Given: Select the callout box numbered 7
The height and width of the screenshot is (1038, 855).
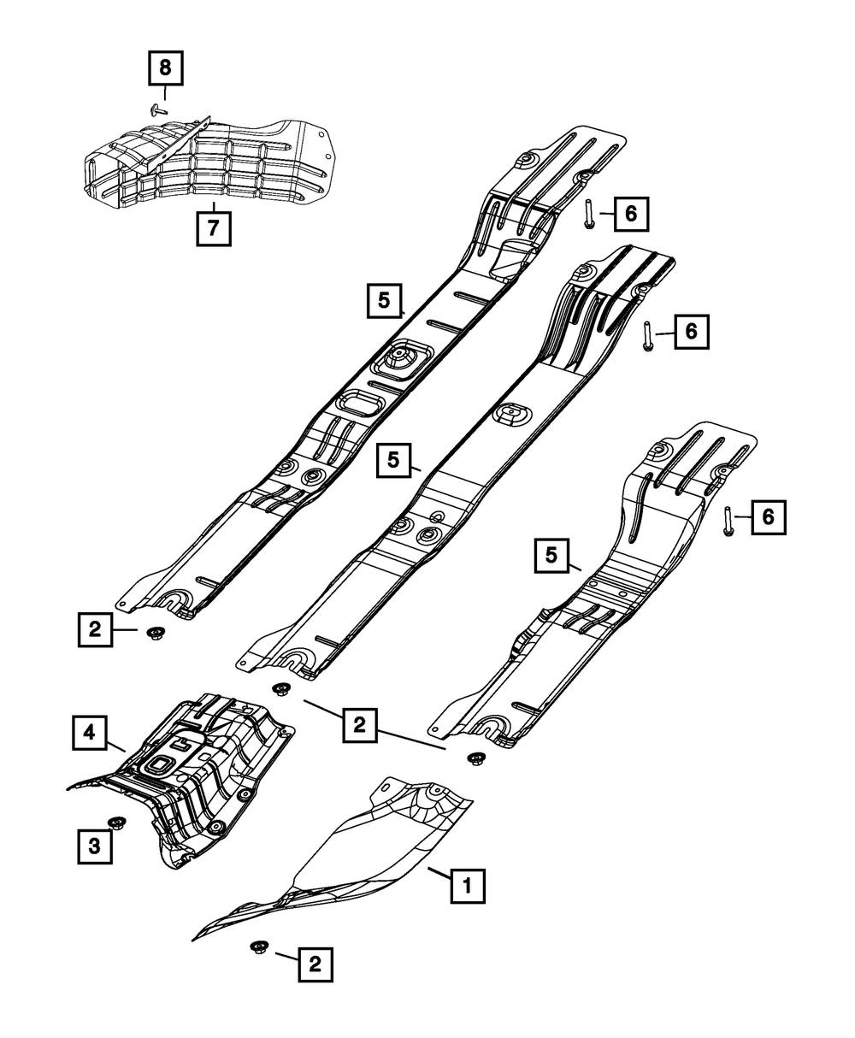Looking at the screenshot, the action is (214, 228).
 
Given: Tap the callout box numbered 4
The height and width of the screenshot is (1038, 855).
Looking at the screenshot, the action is (89, 734).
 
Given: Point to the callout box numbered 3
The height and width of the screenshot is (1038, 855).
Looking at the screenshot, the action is (94, 846).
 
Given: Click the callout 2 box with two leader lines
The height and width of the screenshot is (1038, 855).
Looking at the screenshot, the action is (359, 725).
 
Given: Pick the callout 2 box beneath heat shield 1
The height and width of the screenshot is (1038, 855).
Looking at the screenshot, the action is (315, 965).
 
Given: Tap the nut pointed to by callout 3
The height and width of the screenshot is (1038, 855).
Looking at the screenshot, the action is (116, 823).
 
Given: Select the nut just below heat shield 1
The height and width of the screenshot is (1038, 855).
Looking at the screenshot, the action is (257, 947).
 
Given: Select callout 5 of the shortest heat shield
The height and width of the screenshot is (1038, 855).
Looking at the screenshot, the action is (552, 556).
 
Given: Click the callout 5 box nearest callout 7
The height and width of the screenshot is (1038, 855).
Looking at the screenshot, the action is (385, 300).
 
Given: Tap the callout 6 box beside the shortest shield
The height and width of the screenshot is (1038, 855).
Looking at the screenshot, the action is (768, 516).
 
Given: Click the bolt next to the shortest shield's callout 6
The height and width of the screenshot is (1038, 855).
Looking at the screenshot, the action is (728, 521).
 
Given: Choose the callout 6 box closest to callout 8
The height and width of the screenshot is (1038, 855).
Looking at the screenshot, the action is (630, 214).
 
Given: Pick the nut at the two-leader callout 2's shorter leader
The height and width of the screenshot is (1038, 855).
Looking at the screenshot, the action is (280, 689).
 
